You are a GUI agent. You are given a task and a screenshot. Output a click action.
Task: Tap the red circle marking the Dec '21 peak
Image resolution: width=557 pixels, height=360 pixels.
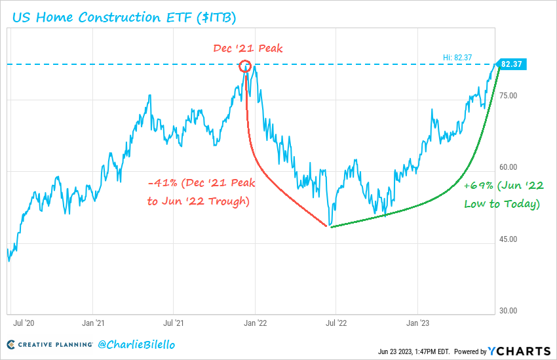coord(246,65)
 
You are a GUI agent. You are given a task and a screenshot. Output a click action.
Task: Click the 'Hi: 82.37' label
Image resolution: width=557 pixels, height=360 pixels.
coord(458,58)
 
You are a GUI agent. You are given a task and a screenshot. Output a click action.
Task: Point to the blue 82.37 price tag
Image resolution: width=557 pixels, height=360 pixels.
coord(510,64)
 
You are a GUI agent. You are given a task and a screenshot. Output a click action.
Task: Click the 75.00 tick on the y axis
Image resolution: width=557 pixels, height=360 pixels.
coord(509,96)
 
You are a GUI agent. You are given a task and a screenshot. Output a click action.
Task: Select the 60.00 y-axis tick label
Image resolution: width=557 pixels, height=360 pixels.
coord(509,167)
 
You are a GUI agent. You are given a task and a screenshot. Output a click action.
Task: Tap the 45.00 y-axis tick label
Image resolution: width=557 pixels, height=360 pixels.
coord(509,239)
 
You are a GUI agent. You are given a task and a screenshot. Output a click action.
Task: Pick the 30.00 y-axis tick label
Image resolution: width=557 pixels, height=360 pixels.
coord(509,311)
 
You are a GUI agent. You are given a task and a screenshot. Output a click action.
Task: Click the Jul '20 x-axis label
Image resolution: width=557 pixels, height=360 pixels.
coord(24,323)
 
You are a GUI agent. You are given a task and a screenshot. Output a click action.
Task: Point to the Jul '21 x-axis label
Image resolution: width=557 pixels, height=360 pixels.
coord(173,323)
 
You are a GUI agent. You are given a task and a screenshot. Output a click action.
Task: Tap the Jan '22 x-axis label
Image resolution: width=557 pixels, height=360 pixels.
coord(255,323)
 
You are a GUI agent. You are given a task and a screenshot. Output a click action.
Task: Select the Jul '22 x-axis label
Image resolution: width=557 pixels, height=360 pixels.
coord(336,323)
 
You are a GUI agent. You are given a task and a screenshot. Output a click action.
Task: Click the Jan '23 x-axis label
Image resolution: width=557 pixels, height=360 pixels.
coord(417,323)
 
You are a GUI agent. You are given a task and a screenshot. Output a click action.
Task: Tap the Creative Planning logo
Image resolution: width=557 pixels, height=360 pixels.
coord(49,344)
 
